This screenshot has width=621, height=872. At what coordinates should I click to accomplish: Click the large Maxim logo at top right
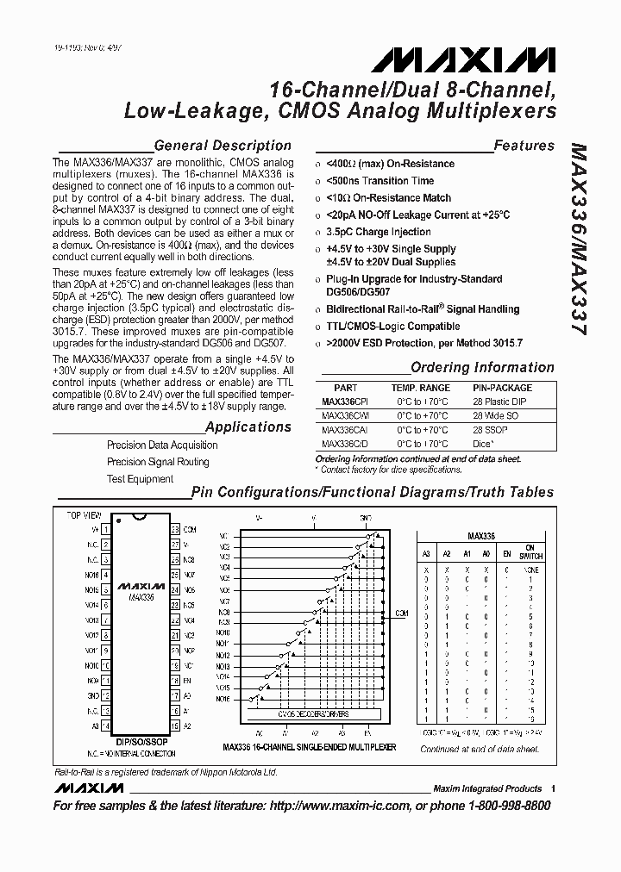(464, 59)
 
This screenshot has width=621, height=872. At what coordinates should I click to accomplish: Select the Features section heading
(524, 146)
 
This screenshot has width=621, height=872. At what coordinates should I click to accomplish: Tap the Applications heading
(248, 427)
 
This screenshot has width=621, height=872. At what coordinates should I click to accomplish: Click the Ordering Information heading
(482, 368)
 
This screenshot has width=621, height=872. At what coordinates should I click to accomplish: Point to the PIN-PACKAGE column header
(502, 389)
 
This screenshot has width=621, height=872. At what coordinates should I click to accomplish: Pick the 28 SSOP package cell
(490, 430)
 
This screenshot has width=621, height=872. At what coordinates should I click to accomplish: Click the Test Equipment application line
(140, 479)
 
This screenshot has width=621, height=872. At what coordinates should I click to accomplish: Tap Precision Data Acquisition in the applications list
(162, 445)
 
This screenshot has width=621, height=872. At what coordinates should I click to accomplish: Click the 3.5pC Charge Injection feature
(379, 233)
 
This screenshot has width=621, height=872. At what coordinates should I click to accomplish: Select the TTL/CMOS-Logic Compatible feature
(392, 327)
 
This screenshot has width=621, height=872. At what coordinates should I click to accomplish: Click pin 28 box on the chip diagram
(175, 529)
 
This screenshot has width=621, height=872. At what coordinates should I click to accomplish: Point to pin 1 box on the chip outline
(105, 529)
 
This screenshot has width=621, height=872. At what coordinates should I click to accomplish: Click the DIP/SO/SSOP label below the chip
(141, 741)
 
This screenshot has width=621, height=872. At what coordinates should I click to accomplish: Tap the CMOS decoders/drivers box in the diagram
(296, 714)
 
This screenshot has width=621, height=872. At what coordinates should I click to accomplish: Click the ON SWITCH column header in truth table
(530, 552)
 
